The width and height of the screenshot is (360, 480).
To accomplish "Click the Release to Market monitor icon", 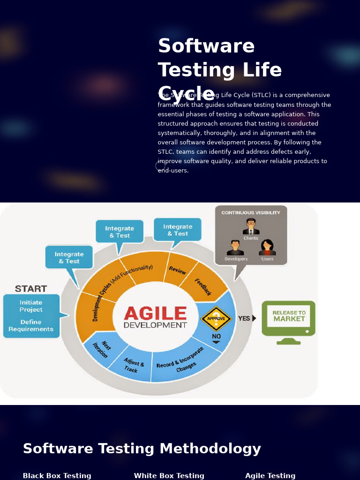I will coord(288,321).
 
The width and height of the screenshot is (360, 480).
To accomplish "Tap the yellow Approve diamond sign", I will coord(216,319).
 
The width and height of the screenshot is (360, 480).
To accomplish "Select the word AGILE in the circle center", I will coord(155,313).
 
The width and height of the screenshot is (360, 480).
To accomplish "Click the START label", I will coord(31,288).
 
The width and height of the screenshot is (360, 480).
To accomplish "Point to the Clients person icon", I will coord(251,227).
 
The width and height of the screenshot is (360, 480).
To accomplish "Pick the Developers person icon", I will coord(235,248).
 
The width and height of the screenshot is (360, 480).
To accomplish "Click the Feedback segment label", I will coord(203,287).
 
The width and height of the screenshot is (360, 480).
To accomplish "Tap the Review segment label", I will coord(178,270).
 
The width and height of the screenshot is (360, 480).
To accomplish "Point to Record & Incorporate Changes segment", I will coord(181,361).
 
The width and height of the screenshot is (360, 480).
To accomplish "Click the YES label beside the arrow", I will coord(244,318).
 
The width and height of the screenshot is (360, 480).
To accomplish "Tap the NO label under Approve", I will coord(216,336).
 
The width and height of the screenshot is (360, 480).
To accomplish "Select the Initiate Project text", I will coord(31,306).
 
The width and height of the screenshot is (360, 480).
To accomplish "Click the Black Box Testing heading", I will coord(57,476).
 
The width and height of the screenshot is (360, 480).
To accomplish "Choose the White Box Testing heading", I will coord(169,476).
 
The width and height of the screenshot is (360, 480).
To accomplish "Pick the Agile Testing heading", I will coord(270,476).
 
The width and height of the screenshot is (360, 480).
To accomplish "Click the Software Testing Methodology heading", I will coord(142,449).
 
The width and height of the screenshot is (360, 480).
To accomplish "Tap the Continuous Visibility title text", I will coord(251,212).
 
